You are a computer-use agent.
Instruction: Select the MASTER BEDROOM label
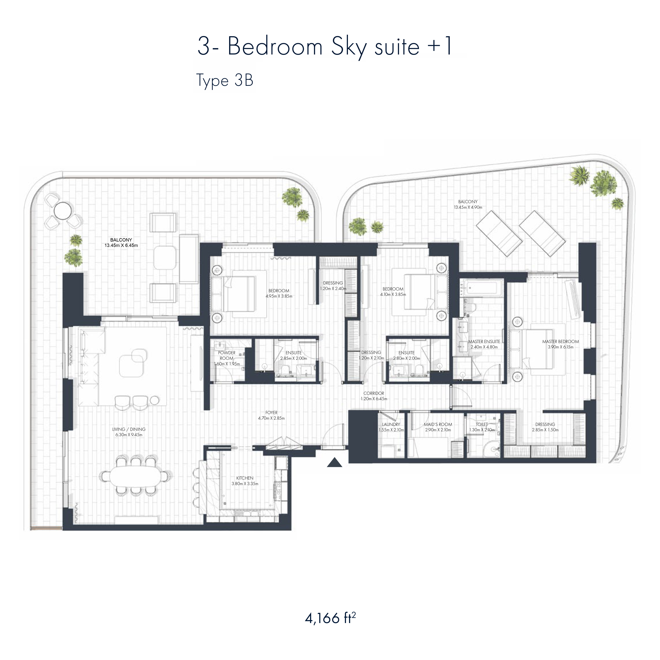tap(561, 341)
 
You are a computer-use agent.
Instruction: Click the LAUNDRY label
tap(391, 424)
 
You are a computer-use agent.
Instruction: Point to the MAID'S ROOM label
tap(438, 424)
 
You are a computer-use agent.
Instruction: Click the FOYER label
tap(272, 412)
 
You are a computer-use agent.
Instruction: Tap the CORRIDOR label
tap(374, 393)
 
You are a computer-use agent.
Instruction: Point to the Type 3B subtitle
tap(225, 81)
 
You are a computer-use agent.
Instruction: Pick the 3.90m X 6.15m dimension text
tap(561, 347)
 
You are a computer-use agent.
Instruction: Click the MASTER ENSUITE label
tap(484, 341)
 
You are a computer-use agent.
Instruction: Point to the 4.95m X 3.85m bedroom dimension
tap(279, 296)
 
